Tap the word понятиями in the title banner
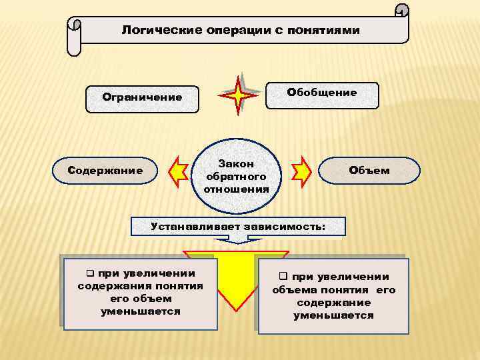(325, 31)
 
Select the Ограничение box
(142, 98)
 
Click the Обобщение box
(322, 93)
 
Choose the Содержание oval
(105, 171)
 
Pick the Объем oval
(369, 171)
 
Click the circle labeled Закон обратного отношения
(237, 175)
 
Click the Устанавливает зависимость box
(238, 226)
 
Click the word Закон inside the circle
(237, 163)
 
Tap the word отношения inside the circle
(237, 189)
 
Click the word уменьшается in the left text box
(140, 311)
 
